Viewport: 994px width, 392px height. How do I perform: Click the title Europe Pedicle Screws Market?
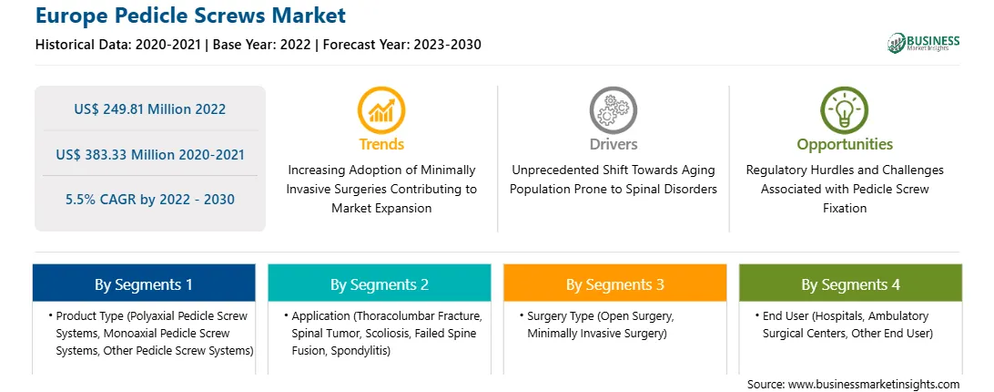point(191,15)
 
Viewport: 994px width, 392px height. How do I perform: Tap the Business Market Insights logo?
point(924,43)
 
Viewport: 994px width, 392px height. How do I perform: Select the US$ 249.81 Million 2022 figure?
point(149,108)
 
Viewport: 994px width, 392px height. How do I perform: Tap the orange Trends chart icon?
point(381,110)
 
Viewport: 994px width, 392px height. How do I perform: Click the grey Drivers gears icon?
point(613,110)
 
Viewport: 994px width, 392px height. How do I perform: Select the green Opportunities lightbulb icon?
point(845,110)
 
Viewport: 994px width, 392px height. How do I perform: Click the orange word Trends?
point(381,144)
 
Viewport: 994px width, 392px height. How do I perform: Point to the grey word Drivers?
point(614,144)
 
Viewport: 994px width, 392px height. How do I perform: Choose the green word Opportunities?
point(845,144)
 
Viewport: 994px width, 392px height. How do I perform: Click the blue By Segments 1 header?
point(144,284)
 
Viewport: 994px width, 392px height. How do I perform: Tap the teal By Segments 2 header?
point(379,284)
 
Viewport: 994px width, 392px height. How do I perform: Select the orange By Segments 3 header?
point(615,284)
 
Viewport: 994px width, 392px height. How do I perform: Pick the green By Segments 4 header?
point(851,284)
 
